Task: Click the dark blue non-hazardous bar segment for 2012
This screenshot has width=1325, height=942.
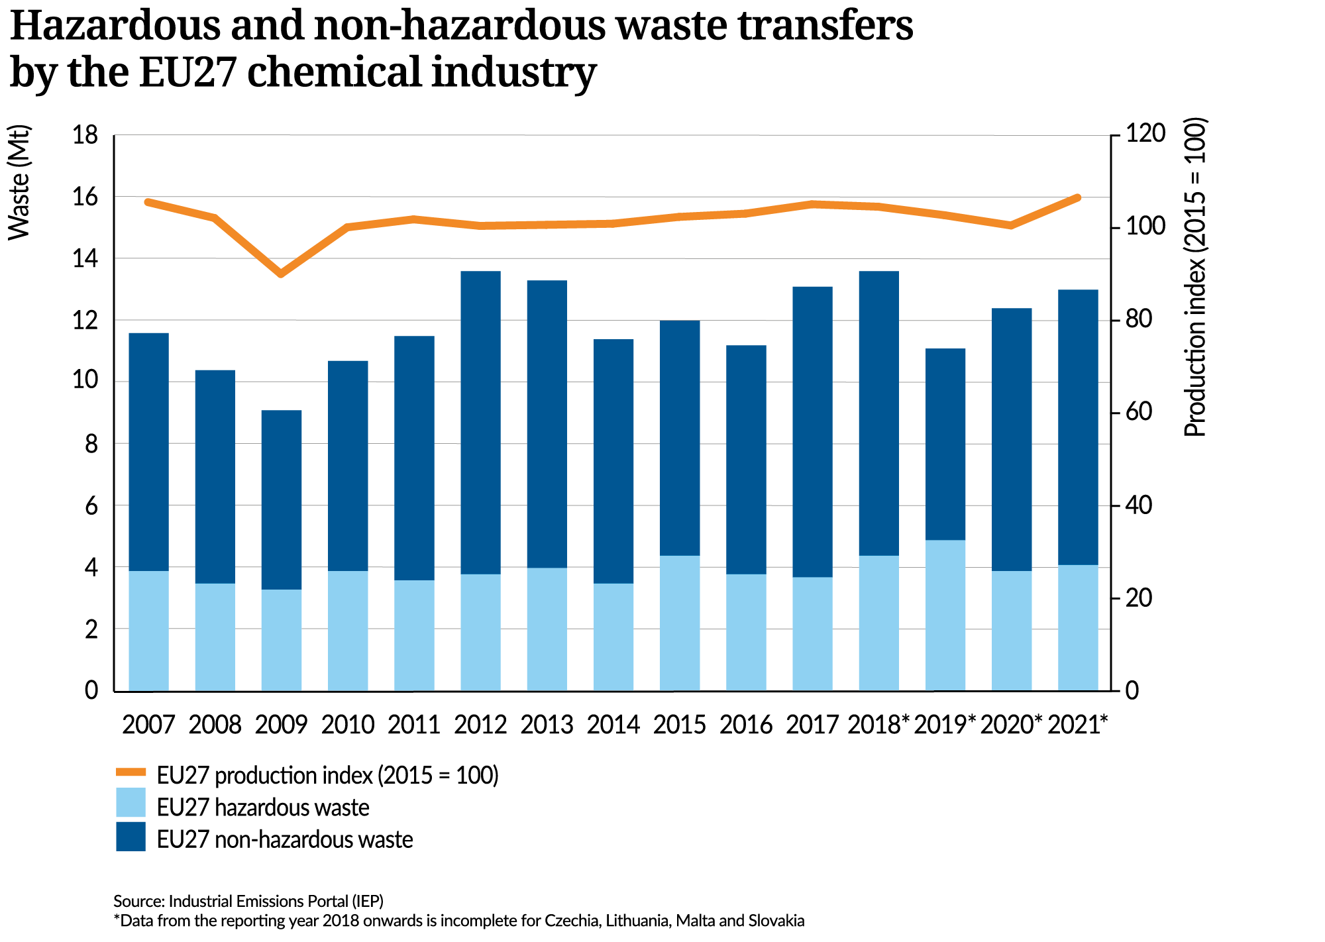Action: (x=480, y=422)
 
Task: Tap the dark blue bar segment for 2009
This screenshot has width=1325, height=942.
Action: (x=281, y=499)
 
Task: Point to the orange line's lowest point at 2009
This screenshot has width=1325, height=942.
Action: (x=281, y=273)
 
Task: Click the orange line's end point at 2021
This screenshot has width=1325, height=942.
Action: (x=1077, y=197)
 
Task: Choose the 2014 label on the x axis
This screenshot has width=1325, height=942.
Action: (x=613, y=725)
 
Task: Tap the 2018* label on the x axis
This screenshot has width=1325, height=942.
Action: (x=878, y=725)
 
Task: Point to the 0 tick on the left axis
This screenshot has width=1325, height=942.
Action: (x=91, y=690)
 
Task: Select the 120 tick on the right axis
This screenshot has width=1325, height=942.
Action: (x=1145, y=134)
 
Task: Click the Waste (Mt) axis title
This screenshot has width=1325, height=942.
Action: (x=20, y=182)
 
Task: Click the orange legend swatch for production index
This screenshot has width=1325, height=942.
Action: (x=131, y=772)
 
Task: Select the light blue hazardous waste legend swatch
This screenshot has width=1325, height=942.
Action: (x=131, y=802)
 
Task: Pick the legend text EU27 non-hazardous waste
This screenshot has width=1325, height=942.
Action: (x=285, y=839)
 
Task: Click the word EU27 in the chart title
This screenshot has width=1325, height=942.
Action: (x=187, y=72)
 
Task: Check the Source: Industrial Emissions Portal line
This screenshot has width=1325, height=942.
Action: (x=248, y=901)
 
